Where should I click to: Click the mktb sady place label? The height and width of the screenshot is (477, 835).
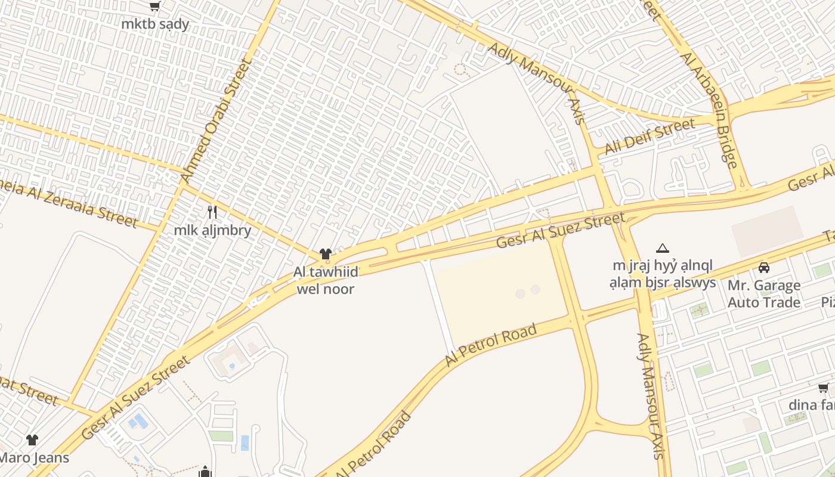coord(155,24)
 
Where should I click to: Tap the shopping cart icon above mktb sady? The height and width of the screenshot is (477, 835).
coord(155,7)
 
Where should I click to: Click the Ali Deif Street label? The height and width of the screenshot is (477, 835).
coord(650,136)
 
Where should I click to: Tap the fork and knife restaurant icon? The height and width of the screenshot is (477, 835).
coord(212,212)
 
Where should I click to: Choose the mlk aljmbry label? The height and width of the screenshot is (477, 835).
coord(212,230)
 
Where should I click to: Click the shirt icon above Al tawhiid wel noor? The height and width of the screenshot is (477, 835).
coord(325,255)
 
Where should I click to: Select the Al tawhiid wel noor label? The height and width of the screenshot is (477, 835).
coord(326,280)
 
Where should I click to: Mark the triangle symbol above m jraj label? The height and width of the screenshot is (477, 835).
coord(662,248)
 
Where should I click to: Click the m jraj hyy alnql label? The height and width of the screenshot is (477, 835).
coord(662,274)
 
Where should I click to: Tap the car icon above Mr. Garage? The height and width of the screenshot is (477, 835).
coord(764,268)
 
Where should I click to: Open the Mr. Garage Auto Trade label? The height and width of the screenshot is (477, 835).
coord(764,294)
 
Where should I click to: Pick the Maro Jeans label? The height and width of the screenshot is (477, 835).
coord(33,458)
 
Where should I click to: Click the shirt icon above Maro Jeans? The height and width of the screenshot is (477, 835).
coord(32,440)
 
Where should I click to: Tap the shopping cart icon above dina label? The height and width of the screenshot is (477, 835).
coord(824,389)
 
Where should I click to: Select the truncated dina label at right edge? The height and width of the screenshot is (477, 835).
coord(812,405)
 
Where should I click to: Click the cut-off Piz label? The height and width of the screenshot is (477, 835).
coord(827,302)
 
